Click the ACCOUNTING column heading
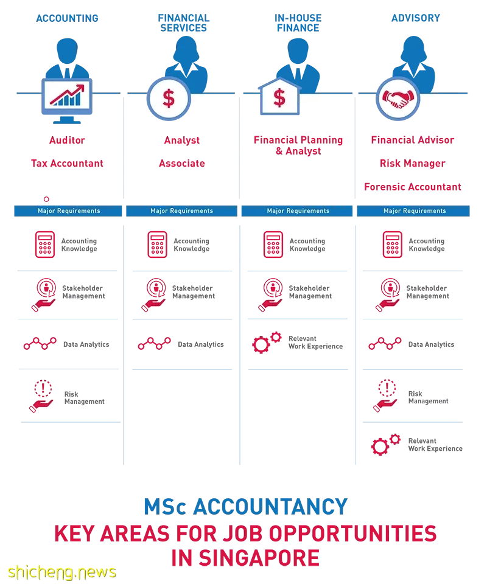click(x=67, y=18)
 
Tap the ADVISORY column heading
click(x=415, y=18)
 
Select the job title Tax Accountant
click(x=67, y=164)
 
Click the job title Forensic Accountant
click(x=413, y=187)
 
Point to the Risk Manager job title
click(x=413, y=164)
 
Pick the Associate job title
click(x=182, y=164)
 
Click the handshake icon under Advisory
click(x=398, y=99)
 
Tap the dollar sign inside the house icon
click(x=279, y=98)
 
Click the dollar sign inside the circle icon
click(x=169, y=99)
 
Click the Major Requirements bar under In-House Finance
click(x=297, y=211)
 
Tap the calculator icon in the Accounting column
click(x=45, y=245)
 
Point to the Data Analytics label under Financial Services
click(x=201, y=344)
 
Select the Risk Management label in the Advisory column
click(x=429, y=397)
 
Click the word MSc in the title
click(x=165, y=507)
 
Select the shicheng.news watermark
click(x=62, y=572)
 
